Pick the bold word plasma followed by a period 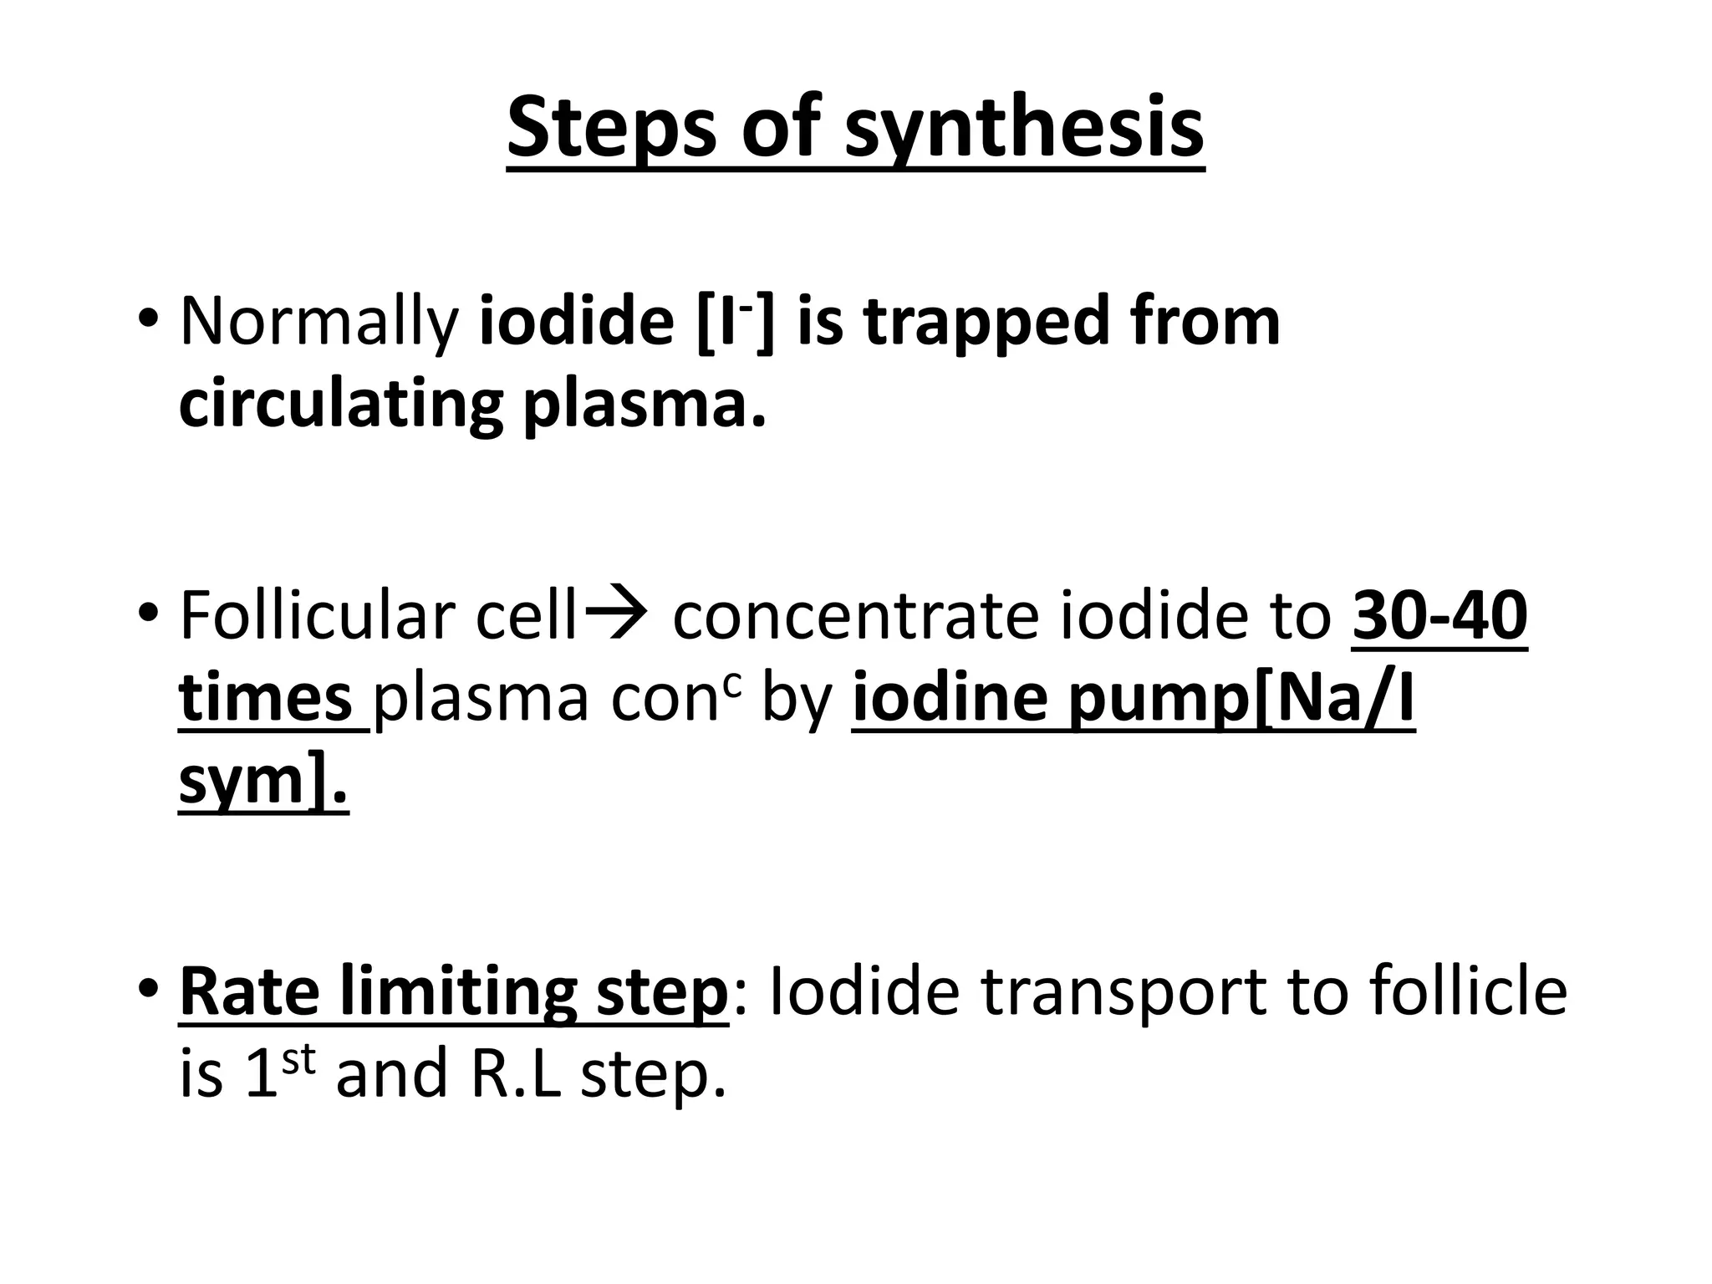click(x=644, y=405)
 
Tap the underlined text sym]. click(x=262, y=781)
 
